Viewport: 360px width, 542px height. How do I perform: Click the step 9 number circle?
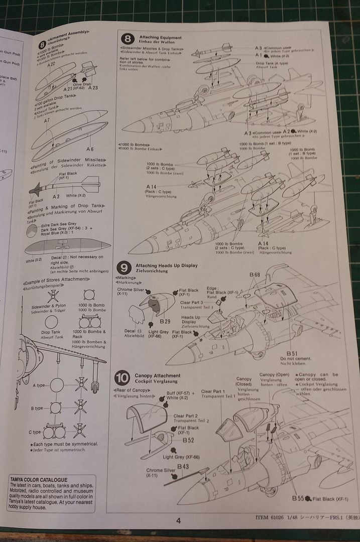click(124, 267)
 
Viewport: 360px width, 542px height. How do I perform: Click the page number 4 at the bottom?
click(178, 521)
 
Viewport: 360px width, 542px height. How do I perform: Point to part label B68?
click(255, 275)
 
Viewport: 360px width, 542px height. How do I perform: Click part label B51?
click(292, 353)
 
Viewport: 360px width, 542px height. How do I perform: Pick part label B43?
click(182, 466)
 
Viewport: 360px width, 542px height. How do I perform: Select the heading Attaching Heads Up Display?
click(166, 265)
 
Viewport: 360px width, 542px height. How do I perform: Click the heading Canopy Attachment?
click(157, 375)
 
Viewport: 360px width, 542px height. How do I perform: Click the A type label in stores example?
click(39, 385)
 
